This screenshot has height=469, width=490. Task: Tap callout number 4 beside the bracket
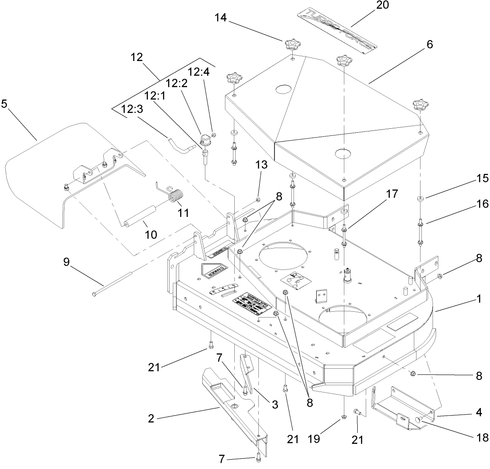(478, 412)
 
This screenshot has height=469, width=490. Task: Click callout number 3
(275, 404)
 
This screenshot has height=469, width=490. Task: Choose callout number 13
(262, 165)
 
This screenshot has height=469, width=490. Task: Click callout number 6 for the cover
(429, 44)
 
